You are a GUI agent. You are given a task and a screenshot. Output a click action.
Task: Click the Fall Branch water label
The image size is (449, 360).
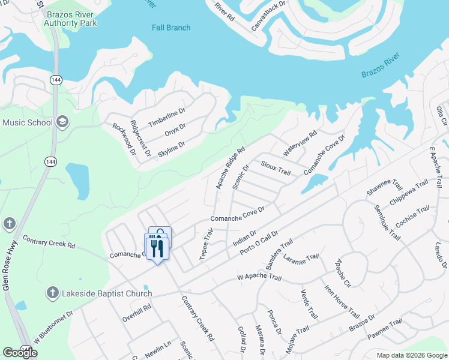(171, 28)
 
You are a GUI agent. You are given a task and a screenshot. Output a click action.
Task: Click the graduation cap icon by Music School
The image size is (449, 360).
(62, 123)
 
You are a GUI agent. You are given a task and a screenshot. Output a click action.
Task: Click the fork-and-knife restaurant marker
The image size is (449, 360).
(157, 247)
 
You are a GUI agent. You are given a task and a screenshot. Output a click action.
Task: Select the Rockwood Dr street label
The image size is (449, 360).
(124, 138)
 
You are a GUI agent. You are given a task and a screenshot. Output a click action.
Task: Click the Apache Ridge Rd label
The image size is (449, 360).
(231, 168)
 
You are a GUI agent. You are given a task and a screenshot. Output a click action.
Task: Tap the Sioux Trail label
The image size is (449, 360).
(276, 168)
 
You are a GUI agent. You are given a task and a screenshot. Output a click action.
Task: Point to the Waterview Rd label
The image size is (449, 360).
(300, 145)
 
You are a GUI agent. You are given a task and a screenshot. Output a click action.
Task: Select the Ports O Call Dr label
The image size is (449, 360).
(259, 242)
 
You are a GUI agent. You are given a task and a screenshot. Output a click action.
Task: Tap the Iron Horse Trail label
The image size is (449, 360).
(342, 301)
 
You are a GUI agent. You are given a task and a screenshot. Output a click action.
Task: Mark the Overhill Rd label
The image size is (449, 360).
(137, 312)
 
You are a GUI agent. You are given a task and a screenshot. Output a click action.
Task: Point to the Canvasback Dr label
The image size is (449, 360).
(260, 16)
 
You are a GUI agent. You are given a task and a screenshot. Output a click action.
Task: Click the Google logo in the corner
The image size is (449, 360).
(20, 352)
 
